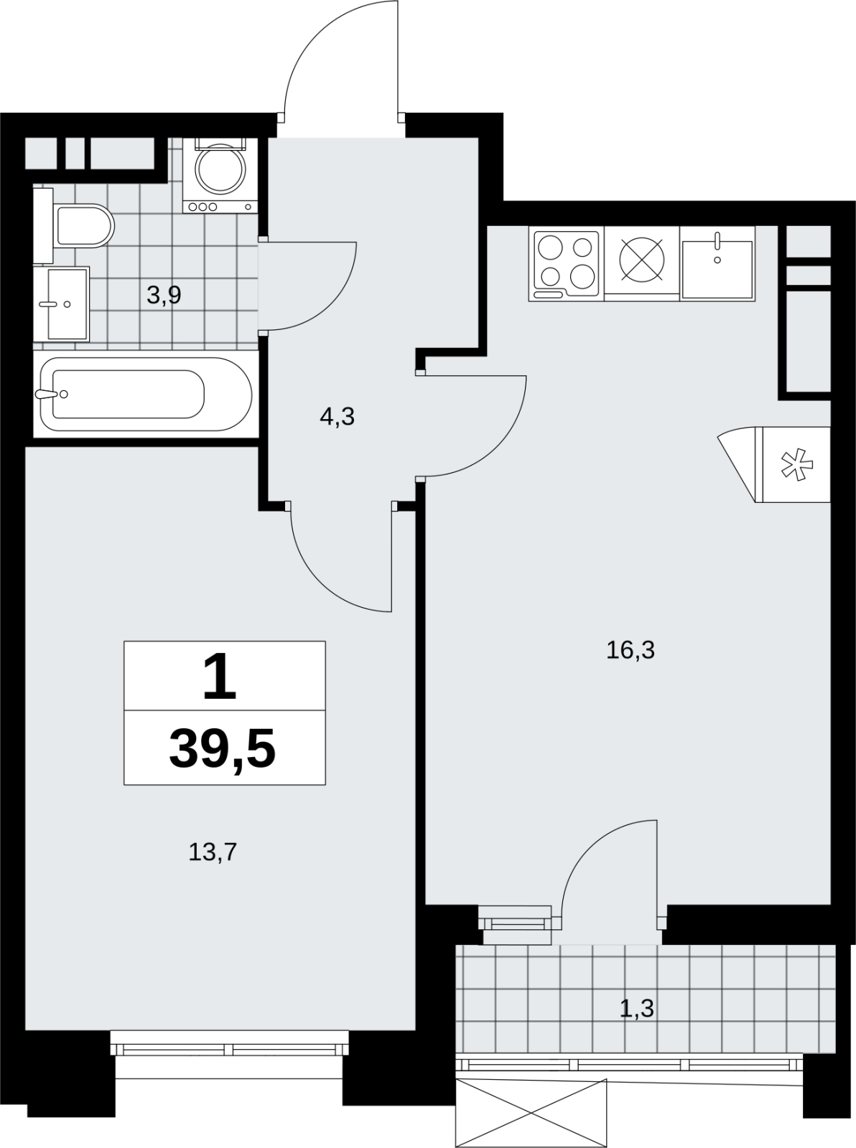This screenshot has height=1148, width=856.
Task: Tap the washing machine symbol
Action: [x=220, y=175]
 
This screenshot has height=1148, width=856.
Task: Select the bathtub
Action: [x=146, y=394]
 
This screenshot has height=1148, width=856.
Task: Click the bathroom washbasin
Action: [x=62, y=304]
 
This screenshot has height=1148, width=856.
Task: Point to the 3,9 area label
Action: [x=164, y=296]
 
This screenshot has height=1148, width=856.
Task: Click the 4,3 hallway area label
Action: [x=338, y=416]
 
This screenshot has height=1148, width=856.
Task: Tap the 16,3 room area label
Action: [x=631, y=649]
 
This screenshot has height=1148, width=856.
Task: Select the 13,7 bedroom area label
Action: [x=213, y=852]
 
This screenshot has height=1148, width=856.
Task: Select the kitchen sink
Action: [x=717, y=264]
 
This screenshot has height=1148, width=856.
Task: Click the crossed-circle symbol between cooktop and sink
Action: [x=641, y=260]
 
